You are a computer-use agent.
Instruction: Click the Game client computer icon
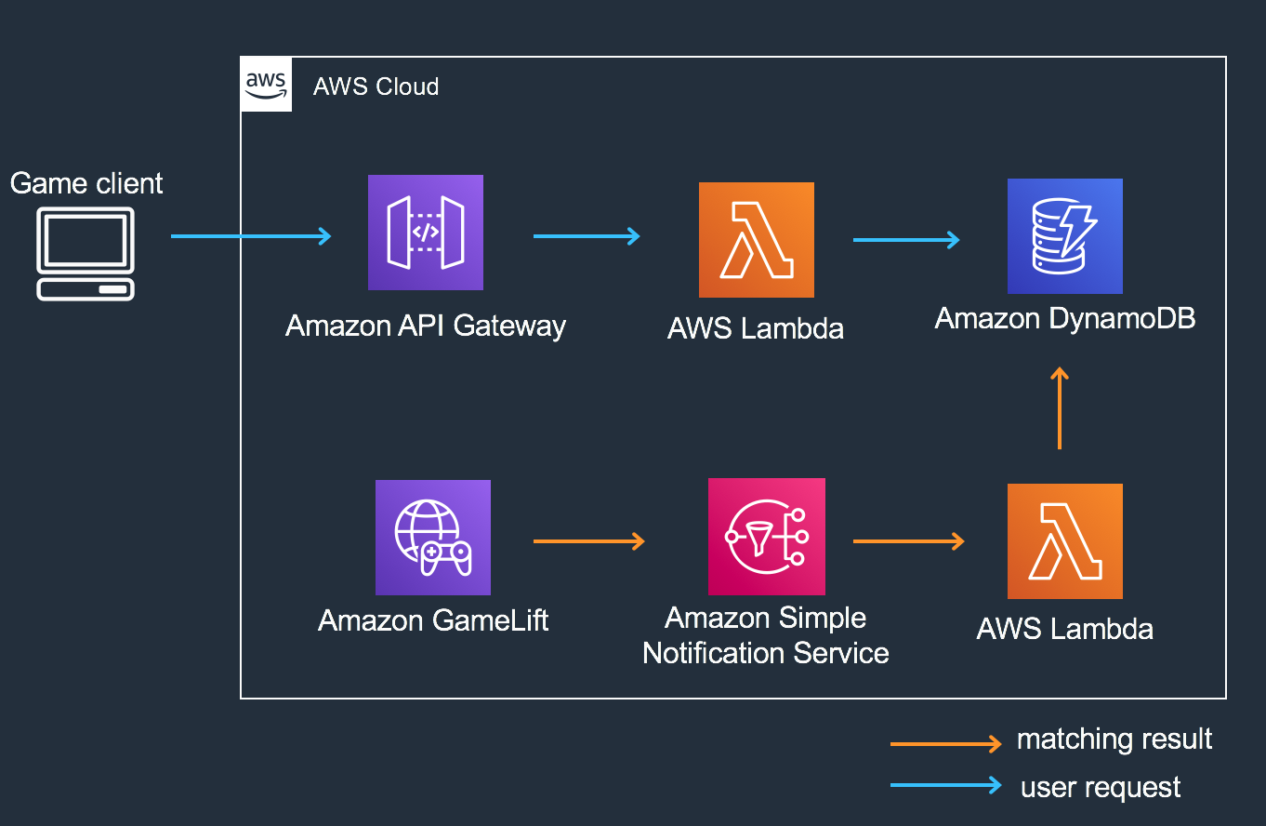pyautogui.click(x=86, y=253)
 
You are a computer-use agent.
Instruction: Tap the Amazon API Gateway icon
pyautogui.click(x=426, y=233)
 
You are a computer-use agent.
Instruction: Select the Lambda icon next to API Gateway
pyautogui.click(x=756, y=239)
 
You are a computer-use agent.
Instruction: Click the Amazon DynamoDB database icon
pyautogui.click(x=1064, y=236)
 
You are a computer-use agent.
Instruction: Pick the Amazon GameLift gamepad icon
pyautogui.click(x=432, y=537)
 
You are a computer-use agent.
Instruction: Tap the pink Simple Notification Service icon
pyautogui.click(x=766, y=537)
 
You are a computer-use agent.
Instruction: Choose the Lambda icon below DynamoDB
pyautogui.click(x=1064, y=540)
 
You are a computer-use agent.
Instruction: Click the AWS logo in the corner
pyautogui.click(x=266, y=85)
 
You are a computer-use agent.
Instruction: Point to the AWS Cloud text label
pyautogui.click(x=376, y=87)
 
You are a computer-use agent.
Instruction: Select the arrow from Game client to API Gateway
pyautogui.click(x=251, y=236)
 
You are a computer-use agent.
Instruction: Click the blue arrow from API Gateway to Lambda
pyautogui.click(x=587, y=236)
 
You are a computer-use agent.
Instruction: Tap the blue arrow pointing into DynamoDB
pyautogui.click(x=906, y=240)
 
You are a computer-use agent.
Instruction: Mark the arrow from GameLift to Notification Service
pyautogui.click(x=588, y=540)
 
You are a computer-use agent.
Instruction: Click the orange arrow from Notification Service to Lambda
pyautogui.click(x=908, y=540)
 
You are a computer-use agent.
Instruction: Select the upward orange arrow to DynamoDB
pyautogui.click(x=1059, y=408)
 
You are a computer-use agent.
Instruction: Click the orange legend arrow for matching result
pyautogui.click(x=945, y=743)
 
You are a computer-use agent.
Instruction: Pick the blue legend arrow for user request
pyautogui.click(x=945, y=785)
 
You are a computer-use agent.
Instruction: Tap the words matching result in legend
pyautogui.click(x=1114, y=739)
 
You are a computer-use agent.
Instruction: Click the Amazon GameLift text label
pyautogui.click(x=433, y=620)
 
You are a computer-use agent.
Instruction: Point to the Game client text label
pyautogui.click(x=86, y=183)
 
